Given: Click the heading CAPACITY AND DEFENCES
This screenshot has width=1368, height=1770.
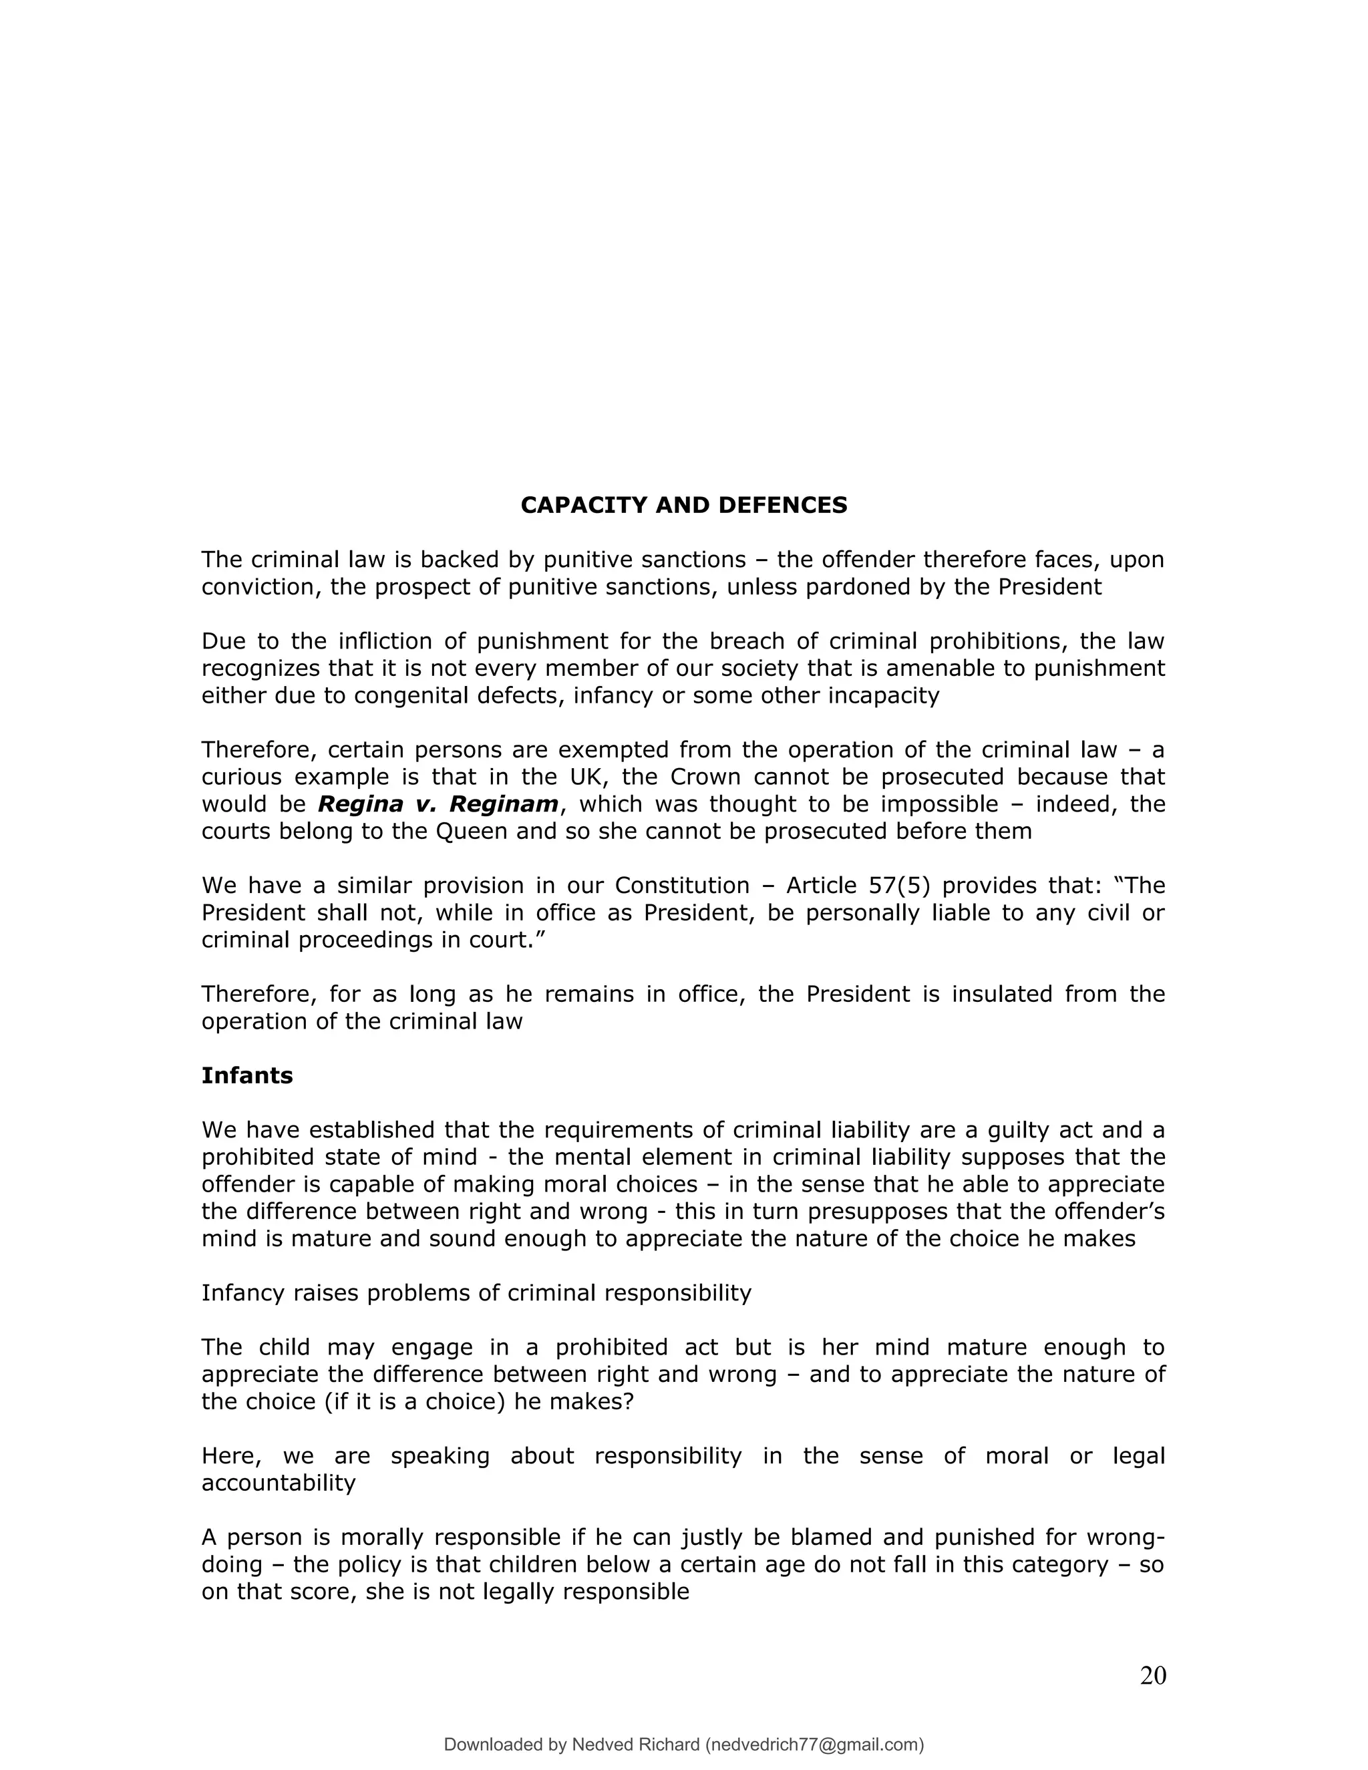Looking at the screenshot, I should (x=683, y=505).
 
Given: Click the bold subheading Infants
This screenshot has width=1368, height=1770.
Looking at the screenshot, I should (x=246, y=1075).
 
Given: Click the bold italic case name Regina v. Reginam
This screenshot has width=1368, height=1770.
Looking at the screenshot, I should (x=438, y=804).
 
